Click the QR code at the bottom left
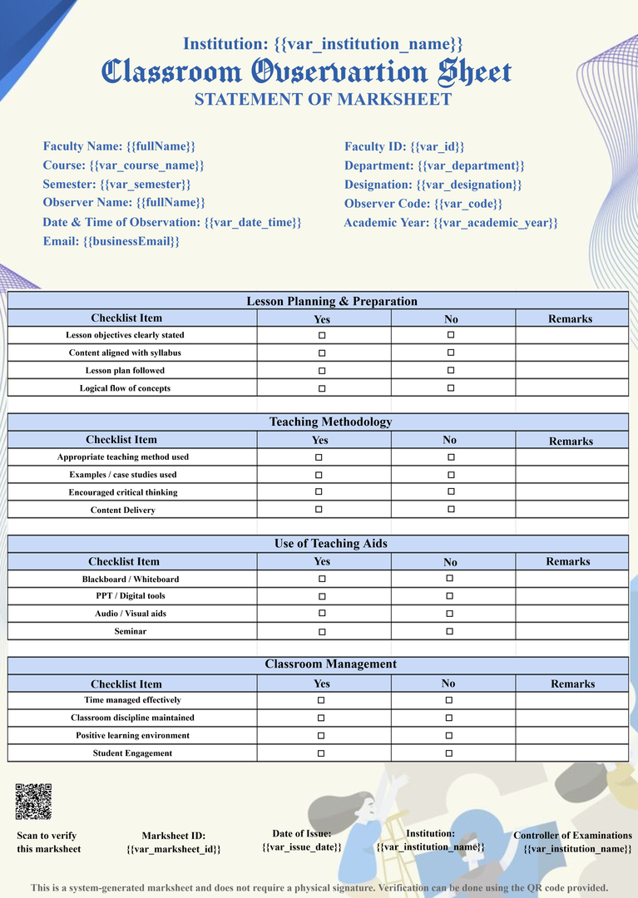33,801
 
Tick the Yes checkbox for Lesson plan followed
322,371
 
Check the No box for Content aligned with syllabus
451,353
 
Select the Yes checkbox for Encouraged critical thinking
319,492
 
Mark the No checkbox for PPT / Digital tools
450,596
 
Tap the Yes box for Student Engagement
321,753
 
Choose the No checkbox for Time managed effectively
449,700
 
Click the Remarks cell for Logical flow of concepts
571,388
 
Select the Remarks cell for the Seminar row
571,631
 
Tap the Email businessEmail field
111,241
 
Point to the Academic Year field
450,223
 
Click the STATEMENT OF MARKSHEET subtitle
323,100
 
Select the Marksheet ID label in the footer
173,836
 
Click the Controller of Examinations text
572,836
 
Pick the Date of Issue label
301,833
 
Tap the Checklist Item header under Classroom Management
126,684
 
